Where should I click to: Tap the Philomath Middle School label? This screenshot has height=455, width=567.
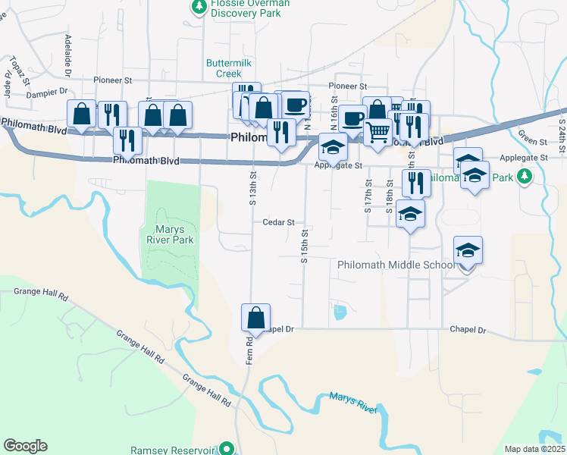coord(396,265)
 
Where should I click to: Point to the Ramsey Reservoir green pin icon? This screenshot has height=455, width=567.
coord(226,449)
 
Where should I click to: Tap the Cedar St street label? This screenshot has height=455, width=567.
coord(278,222)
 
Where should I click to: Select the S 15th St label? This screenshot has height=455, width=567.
coord(304,246)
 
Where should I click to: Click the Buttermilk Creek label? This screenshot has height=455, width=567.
coord(224,68)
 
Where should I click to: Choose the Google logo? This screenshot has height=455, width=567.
coord(25,446)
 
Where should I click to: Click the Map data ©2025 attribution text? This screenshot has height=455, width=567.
coord(534,449)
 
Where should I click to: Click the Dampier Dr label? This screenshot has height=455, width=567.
coord(48,93)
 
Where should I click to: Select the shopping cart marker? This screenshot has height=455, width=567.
coord(377,131)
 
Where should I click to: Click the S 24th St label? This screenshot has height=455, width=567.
coord(562,133)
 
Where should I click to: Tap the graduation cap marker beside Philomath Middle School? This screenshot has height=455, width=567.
coord(468,251)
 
